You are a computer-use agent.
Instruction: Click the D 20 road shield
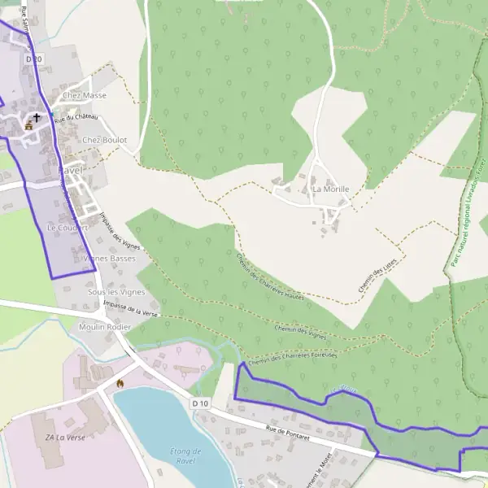[33, 59]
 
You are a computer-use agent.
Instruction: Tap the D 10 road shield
[201, 403]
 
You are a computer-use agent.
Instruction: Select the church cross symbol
[36, 119]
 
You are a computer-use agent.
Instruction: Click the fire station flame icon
[120, 382]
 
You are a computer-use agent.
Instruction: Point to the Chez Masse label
[85, 96]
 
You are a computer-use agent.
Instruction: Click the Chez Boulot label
[105, 140]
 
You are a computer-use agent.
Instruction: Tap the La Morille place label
[331, 189]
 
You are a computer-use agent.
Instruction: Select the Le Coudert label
[67, 228]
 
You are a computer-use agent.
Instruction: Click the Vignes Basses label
[110, 259]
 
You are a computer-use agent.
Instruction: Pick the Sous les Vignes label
[115, 291]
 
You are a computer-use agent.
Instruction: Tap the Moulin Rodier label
[105, 327]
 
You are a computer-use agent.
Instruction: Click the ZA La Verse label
[64, 438]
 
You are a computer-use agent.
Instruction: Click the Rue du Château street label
[76, 119]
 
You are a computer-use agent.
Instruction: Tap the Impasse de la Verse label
[131, 310]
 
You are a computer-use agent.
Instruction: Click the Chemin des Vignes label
[300, 331]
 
